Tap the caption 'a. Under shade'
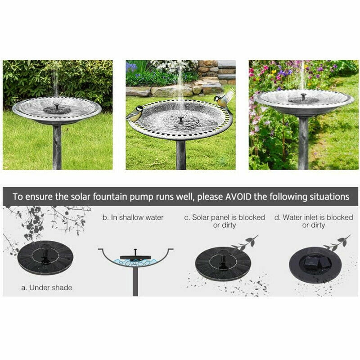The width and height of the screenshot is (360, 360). [x=47, y=288]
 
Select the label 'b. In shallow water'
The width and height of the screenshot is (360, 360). [x=133, y=217]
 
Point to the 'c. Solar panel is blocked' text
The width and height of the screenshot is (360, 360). [x=225, y=217]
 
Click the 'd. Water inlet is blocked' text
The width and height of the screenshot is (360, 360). [x=314, y=217]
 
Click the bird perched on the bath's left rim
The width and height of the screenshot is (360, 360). [x=135, y=113]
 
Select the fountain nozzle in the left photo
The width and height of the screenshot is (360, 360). [x=57, y=107]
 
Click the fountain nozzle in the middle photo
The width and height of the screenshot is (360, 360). [x=181, y=120]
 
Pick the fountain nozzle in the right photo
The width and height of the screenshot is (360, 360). [x=304, y=96]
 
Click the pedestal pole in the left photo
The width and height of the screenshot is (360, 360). [x=57, y=147]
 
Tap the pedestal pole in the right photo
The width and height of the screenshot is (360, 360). [x=303, y=143]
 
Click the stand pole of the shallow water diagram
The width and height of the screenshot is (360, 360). [x=135, y=281]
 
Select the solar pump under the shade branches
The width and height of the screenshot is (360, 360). [x=45, y=257]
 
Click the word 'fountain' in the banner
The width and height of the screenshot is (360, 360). [x=110, y=197]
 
